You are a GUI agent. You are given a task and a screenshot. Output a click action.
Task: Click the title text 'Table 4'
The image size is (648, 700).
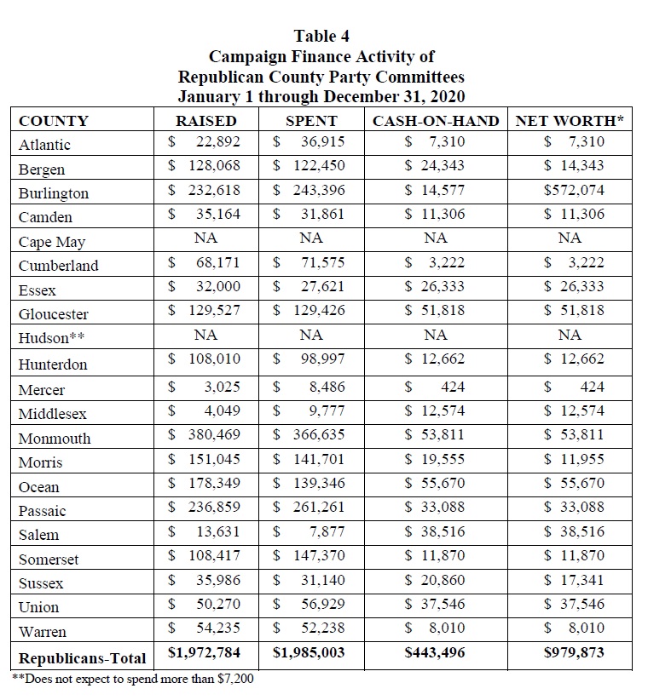321,36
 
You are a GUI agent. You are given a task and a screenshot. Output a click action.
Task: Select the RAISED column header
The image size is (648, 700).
205,121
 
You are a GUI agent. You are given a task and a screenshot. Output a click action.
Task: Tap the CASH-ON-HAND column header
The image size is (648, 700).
435,121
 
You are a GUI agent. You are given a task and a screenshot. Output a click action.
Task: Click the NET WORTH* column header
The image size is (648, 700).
570,121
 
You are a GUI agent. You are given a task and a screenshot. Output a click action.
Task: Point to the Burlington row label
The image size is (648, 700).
54,192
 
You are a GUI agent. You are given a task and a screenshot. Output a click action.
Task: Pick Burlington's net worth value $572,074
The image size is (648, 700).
574,190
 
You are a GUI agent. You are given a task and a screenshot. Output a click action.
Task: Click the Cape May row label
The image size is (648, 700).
52,242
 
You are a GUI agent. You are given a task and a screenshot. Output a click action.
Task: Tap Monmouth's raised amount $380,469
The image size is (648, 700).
205,435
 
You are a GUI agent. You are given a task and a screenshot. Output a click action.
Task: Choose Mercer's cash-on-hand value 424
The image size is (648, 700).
451,387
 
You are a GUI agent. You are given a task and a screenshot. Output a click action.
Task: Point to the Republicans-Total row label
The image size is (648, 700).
83,658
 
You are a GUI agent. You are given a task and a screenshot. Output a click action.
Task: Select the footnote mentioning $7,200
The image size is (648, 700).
133,679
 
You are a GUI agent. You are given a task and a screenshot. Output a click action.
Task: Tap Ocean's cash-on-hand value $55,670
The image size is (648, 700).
435,483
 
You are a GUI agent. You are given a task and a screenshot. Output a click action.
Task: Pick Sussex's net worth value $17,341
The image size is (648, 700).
574,580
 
